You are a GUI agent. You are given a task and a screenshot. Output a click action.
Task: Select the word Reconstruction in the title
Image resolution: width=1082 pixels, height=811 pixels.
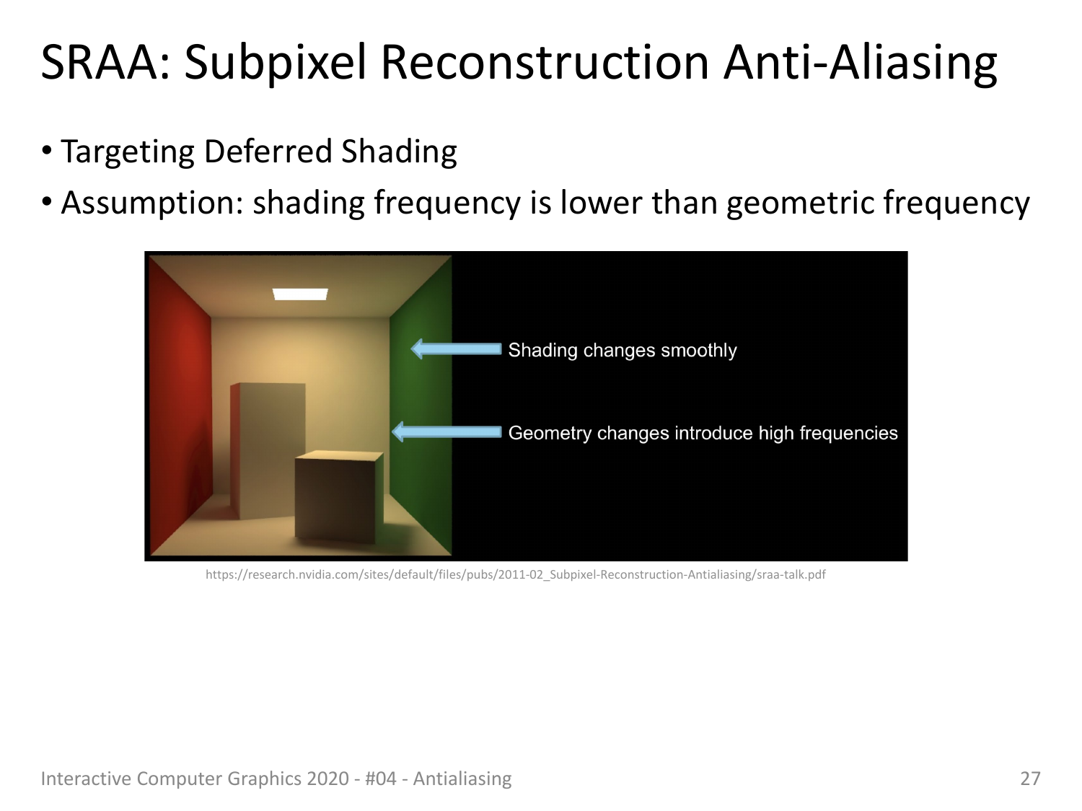point(545,62)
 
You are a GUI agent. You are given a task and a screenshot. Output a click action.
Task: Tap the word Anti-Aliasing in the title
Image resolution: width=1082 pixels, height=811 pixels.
point(860,63)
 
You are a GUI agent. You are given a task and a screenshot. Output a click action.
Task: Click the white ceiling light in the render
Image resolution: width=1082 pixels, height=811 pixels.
point(300,294)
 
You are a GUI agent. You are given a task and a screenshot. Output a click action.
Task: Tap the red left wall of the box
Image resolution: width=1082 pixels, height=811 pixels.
point(180,404)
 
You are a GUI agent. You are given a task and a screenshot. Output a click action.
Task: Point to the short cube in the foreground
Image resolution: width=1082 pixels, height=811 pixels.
point(339,496)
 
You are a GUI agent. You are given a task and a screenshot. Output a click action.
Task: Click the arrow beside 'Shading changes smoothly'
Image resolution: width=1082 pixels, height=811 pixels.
point(456,349)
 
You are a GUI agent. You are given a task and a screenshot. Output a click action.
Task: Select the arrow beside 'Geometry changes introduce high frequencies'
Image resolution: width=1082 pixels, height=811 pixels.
point(447,432)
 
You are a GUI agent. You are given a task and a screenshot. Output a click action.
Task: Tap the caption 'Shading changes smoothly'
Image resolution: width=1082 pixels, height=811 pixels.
point(623,350)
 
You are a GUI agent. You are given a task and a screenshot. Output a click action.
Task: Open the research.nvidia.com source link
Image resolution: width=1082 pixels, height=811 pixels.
point(515,574)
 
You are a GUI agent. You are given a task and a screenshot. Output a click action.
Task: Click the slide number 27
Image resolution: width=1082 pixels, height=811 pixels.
point(1030,779)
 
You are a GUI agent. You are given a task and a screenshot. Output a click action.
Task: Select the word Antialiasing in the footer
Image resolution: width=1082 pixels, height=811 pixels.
point(462,779)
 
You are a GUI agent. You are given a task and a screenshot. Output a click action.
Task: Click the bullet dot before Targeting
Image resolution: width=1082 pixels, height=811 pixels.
point(47,150)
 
